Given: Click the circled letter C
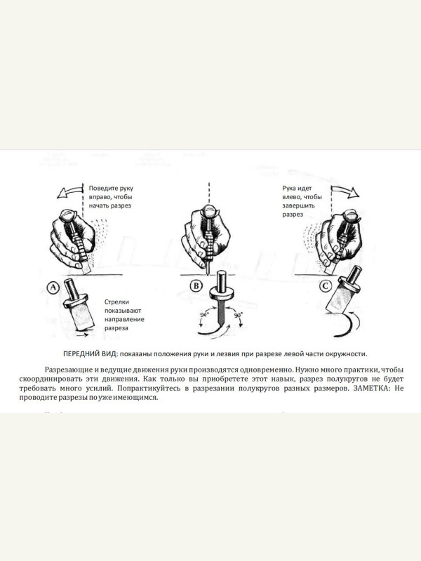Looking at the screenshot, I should [x=325, y=286].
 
